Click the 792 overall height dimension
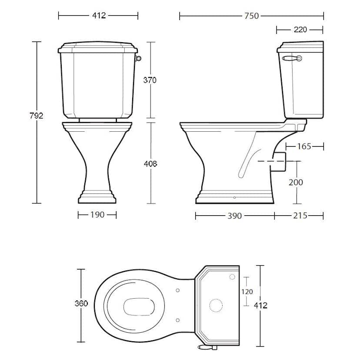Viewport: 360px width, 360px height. click(36, 116)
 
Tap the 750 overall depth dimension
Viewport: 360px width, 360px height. click(251, 16)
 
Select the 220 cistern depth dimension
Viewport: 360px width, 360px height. click(300, 30)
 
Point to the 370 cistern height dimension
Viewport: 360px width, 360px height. click(150, 80)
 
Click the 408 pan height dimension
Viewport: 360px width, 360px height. click(150, 164)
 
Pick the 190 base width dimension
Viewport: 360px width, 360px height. click(97, 215)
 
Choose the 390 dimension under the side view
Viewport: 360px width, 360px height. click(234, 216)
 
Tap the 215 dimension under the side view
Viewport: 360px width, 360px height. click(300, 216)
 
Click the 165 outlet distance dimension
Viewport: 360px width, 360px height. click(304, 146)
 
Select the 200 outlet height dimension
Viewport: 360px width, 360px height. click(296, 182)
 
